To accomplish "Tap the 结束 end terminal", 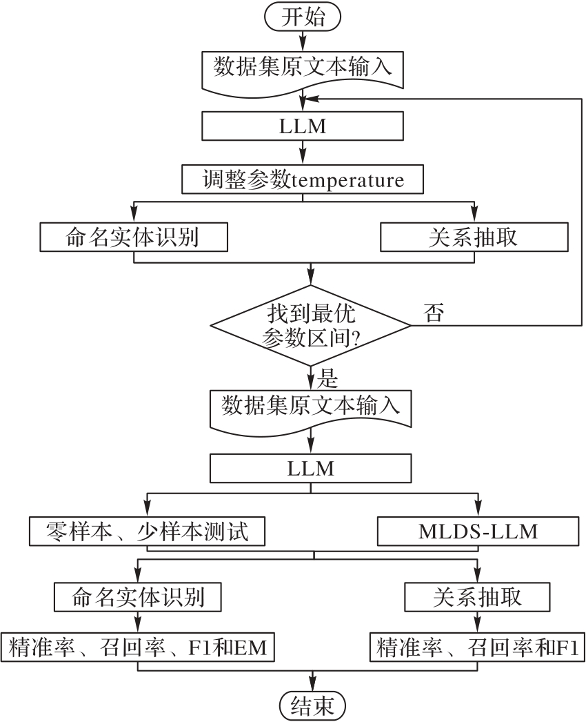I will [312, 706].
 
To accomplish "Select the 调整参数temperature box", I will [303, 180].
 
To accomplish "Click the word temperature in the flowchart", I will [349, 181].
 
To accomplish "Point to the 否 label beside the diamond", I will [434, 313].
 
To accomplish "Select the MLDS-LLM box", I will [478, 532].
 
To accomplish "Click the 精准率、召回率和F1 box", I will [478, 648].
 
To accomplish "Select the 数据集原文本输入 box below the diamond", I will [311, 407].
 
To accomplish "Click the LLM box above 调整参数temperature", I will [303, 126].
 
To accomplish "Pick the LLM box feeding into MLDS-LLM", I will [311, 468].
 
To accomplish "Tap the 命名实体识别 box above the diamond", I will [133, 237].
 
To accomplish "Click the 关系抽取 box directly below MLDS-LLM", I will [478, 596].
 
